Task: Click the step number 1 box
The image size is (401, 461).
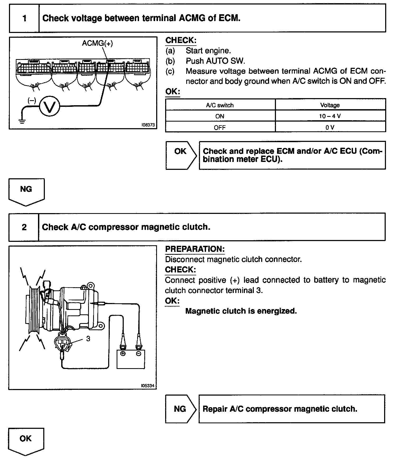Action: click(24, 18)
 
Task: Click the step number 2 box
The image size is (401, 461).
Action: click(24, 227)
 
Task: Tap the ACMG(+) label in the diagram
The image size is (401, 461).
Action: click(97, 43)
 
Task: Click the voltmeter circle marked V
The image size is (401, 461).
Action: click(50, 106)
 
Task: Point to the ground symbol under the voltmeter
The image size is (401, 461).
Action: click(22, 121)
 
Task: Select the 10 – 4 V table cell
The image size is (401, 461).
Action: click(330, 116)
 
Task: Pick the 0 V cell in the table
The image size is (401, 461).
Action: click(330, 128)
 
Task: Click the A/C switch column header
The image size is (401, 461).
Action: click(220, 105)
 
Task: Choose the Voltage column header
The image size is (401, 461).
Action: click(330, 105)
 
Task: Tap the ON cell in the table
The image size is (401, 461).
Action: click(220, 116)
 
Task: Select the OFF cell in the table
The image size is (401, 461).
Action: click(220, 128)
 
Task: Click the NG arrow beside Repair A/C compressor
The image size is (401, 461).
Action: click(180, 409)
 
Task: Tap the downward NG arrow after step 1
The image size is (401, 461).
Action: click(26, 191)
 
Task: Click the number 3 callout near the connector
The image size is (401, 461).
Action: click(88, 339)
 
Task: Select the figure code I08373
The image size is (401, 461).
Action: click(148, 125)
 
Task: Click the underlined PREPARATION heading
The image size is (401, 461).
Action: click(195, 249)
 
